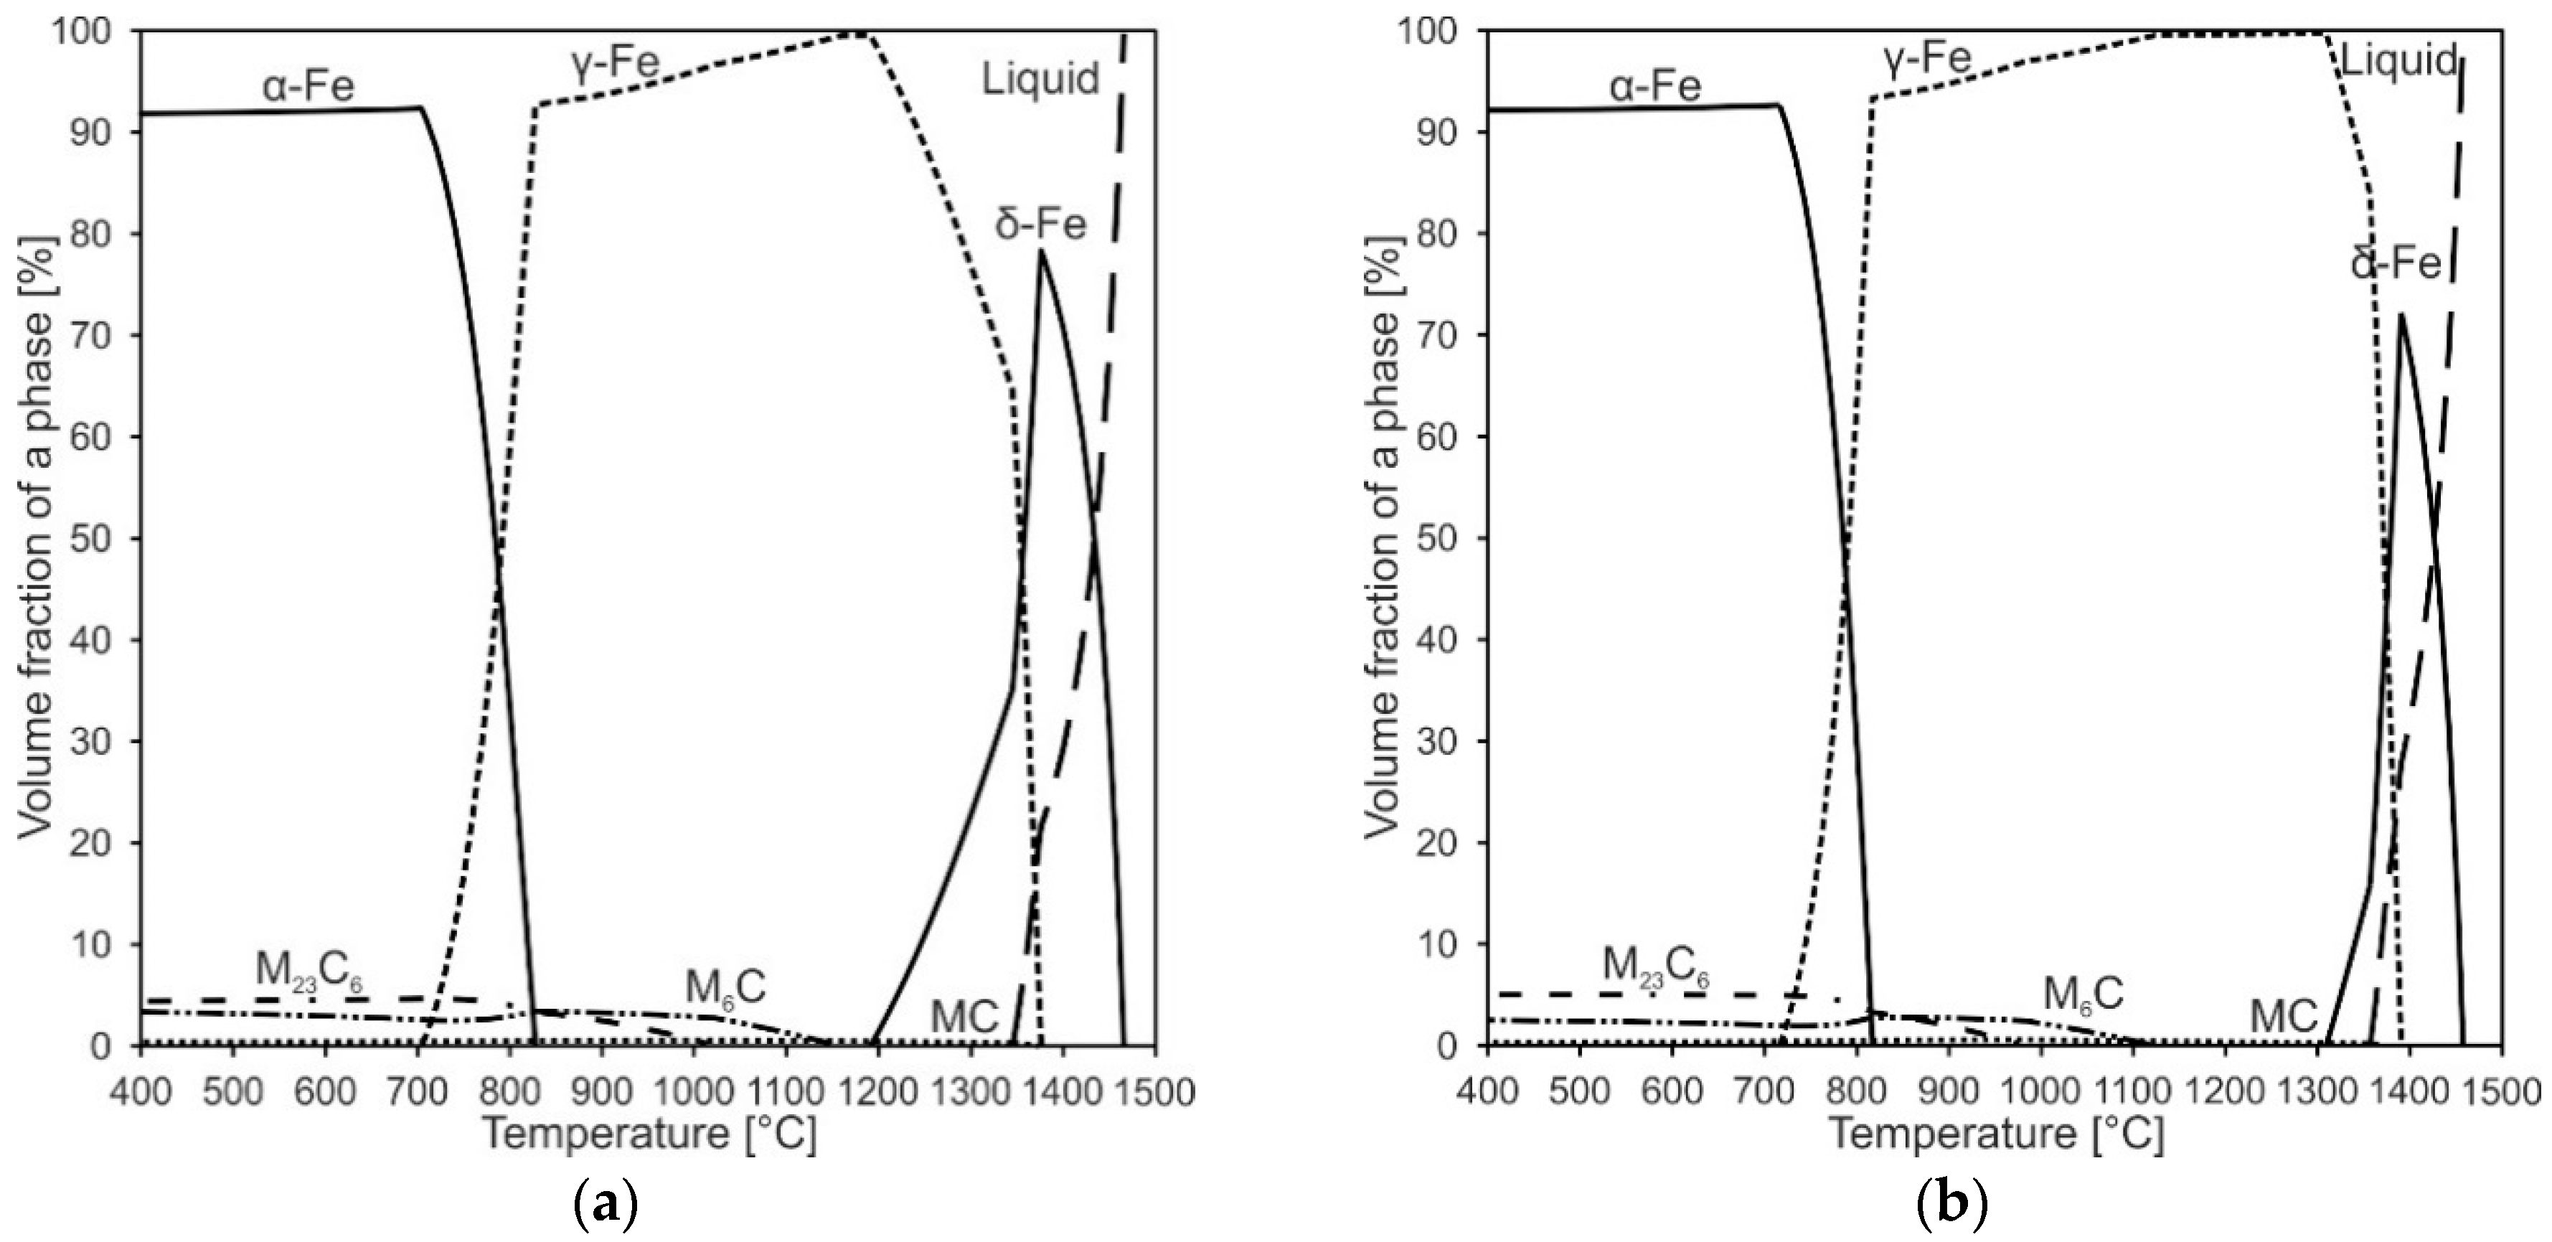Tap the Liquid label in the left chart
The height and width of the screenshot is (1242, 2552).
click(x=1040, y=79)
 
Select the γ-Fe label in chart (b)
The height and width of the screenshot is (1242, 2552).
click(x=1926, y=60)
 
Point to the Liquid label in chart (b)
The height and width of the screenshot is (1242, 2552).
click(x=2398, y=62)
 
